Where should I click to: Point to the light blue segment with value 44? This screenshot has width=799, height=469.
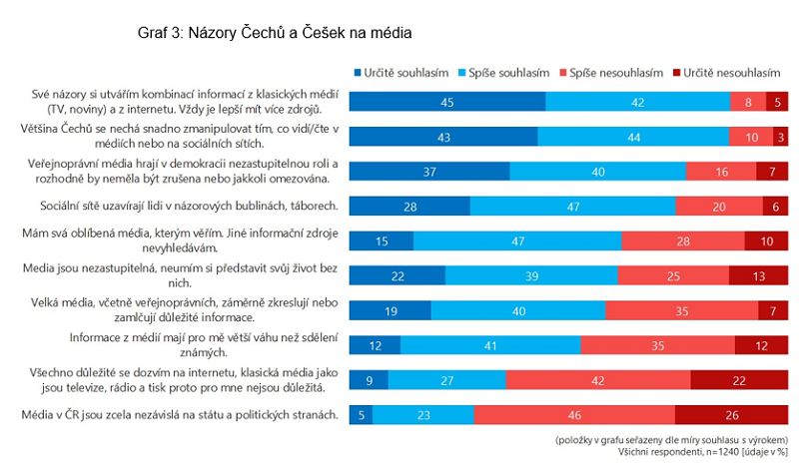[633, 136]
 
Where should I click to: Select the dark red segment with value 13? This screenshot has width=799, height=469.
[760, 274]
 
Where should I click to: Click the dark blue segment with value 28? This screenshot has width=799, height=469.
[409, 206]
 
